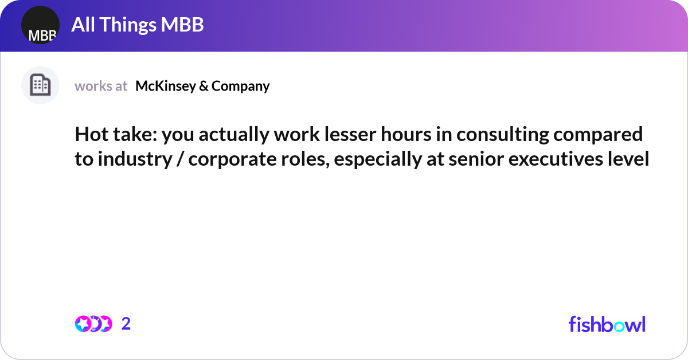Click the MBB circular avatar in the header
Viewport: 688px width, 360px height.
[x=40, y=25]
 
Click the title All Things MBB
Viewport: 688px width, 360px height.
[x=138, y=25]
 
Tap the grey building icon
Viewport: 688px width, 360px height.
[x=40, y=85]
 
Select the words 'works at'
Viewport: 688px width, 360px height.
[x=101, y=86]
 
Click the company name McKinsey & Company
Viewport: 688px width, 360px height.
[x=202, y=86]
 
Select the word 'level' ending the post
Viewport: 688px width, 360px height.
[x=630, y=160]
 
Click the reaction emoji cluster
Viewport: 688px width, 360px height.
[x=93, y=324]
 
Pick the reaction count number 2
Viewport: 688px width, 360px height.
[x=126, y=324]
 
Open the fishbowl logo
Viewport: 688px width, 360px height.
[x=607, y=324]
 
